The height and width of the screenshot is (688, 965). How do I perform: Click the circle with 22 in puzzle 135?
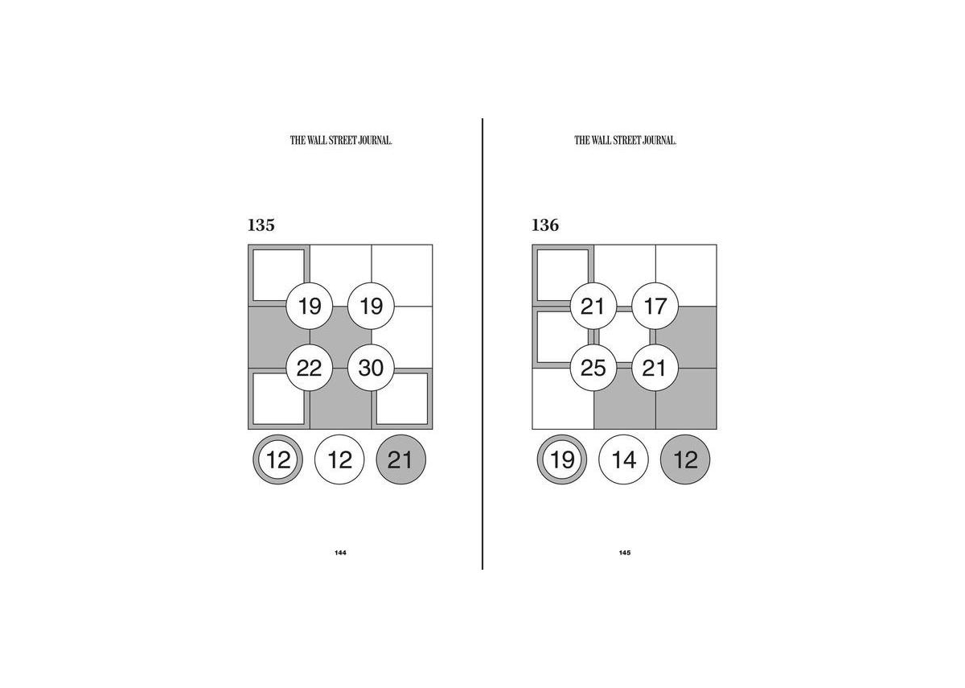pos(310,368)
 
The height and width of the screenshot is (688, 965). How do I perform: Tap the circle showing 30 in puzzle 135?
pos(371,368)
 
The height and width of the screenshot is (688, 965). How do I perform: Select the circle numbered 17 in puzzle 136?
pos(655,306)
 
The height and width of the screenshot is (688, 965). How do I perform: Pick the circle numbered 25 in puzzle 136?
pos(593,368)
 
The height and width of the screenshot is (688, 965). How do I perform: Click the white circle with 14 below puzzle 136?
pos(623,459)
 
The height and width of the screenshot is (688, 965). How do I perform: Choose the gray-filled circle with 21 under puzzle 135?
pos(401,459)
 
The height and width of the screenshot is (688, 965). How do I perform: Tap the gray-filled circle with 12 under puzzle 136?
pos(685,459)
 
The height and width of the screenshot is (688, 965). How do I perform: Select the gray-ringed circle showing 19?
pos(562,459)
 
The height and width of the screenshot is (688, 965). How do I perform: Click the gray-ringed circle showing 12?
pos(278,459)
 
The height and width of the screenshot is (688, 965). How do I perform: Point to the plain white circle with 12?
pos(339,459)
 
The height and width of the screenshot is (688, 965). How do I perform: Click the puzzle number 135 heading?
pos(261,225)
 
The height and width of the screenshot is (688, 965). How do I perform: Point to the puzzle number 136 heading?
pos(545,225)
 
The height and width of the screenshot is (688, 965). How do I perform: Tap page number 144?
pos(340,553)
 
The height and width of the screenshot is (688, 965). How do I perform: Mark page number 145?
pos(625,553)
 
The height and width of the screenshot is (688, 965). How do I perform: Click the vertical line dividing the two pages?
pos(482,344)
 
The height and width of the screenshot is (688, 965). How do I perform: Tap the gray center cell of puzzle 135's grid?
pos(340,337)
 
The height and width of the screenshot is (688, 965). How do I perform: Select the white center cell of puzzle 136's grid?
pos(624,337)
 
